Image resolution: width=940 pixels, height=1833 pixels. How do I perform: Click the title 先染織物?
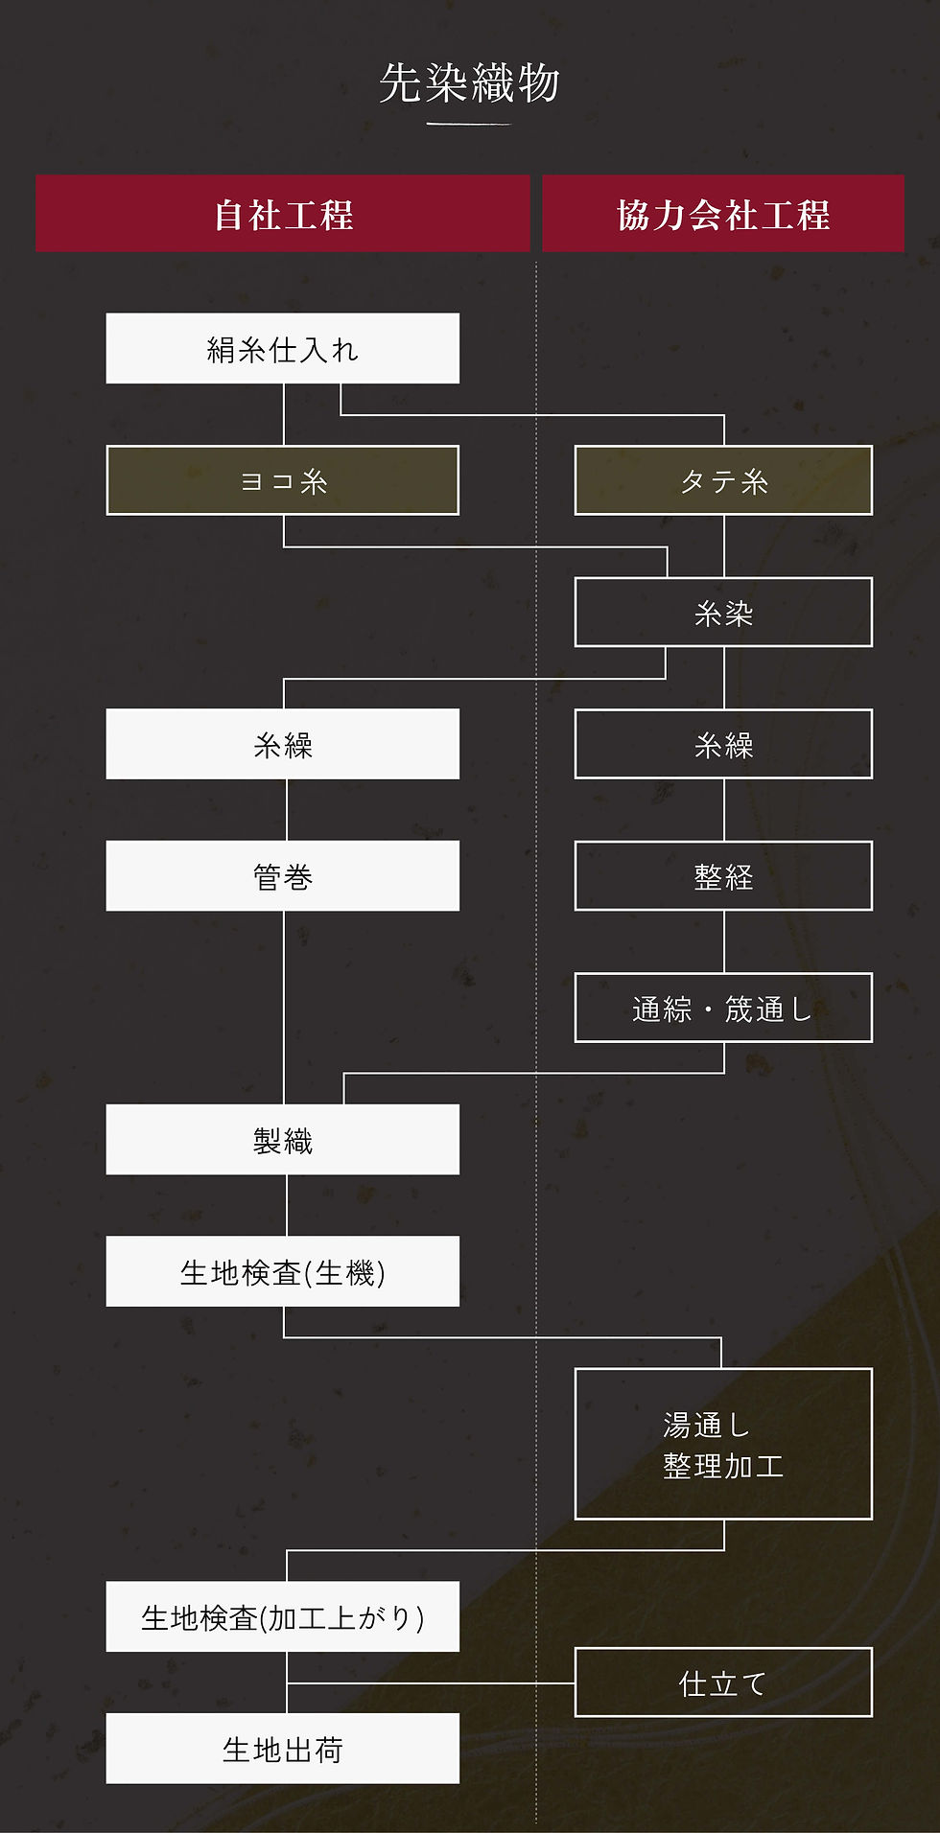[x=469, y=83]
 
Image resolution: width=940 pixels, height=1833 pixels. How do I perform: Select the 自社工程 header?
[x=283, y=214]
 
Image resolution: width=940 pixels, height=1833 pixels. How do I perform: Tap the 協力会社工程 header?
[x=723, y=214]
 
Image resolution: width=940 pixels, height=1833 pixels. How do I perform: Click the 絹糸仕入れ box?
[x=283, y=349]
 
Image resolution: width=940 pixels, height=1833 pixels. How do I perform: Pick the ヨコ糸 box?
[x=283, y=480]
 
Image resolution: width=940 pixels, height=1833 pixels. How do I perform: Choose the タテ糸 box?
[x=723, y=480]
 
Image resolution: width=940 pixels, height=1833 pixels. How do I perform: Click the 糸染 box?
[x=723, y=613]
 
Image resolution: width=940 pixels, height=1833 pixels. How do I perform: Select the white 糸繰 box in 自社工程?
[x=283, y=744]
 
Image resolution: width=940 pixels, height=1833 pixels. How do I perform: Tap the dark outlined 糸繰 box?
[x=723, y=744]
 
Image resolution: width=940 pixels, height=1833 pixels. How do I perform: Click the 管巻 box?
[x=283, y=876]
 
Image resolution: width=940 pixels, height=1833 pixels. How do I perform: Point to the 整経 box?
[x=723, y=876]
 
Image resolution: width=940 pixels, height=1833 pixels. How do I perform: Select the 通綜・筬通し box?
[x=723, y=1008]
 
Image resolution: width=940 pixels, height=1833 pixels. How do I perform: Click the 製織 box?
[x=283, y=1140]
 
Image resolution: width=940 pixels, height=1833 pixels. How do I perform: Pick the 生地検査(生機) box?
[x=283, y=1271]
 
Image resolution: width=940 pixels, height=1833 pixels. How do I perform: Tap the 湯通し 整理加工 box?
[x=723, y=1444]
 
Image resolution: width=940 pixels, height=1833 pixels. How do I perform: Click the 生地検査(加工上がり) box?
[x=283, y=1616]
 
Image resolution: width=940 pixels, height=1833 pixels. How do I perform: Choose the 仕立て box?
[x=723, y=1682]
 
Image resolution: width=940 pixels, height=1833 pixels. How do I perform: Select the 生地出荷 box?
[x=283, y=1749]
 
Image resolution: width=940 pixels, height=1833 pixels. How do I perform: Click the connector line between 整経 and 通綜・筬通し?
[x=724, y=941]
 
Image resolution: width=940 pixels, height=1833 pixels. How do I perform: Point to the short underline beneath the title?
[x=469, y=124]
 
